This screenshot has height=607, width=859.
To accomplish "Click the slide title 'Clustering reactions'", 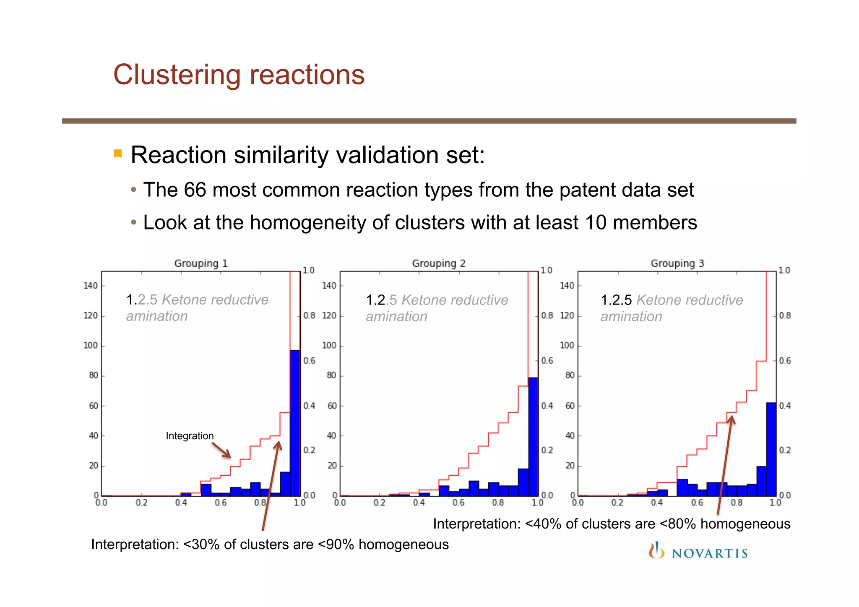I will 239,75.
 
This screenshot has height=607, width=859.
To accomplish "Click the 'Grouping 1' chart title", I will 200,263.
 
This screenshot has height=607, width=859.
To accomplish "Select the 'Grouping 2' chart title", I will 438,263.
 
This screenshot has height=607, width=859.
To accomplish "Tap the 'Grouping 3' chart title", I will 677,263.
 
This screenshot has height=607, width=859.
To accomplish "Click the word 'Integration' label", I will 190,436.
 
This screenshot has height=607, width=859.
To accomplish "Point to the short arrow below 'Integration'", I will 221,450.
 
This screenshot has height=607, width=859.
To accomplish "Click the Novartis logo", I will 698,552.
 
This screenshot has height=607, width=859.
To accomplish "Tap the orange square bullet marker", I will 118,154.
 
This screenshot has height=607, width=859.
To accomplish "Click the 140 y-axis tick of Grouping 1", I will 90,286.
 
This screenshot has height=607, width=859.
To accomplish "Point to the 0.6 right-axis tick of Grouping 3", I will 785,361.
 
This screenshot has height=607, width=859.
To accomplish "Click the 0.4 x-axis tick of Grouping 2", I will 419,503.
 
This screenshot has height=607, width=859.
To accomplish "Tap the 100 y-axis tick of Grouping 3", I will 567,345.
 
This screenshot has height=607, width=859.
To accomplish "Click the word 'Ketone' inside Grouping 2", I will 424,300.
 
